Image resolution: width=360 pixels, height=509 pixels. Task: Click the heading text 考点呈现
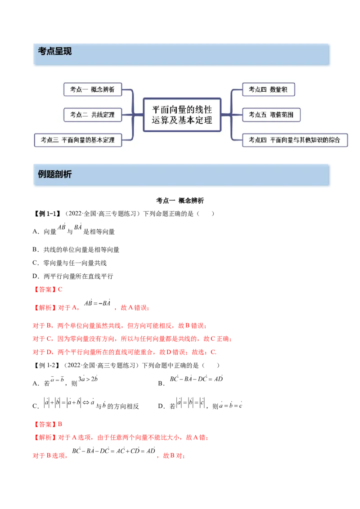[x=55, y=52]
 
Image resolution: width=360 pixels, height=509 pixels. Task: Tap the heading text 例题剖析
[x=55, y=174]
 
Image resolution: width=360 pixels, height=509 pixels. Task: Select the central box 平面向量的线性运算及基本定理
[x=182, y=115]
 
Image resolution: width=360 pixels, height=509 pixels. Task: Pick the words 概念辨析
[x=103, y=89]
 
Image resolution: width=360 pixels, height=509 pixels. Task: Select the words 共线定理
[x=103, y=115]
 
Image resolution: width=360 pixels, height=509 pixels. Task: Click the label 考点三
[x=49, y=140]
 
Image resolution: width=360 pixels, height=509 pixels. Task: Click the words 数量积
[x=279, y=89]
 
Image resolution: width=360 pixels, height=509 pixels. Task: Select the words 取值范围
[x=282, y=115]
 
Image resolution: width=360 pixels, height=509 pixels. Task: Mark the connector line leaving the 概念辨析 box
[x=128, y=90]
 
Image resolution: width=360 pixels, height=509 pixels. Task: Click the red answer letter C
[x=60, y=290]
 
